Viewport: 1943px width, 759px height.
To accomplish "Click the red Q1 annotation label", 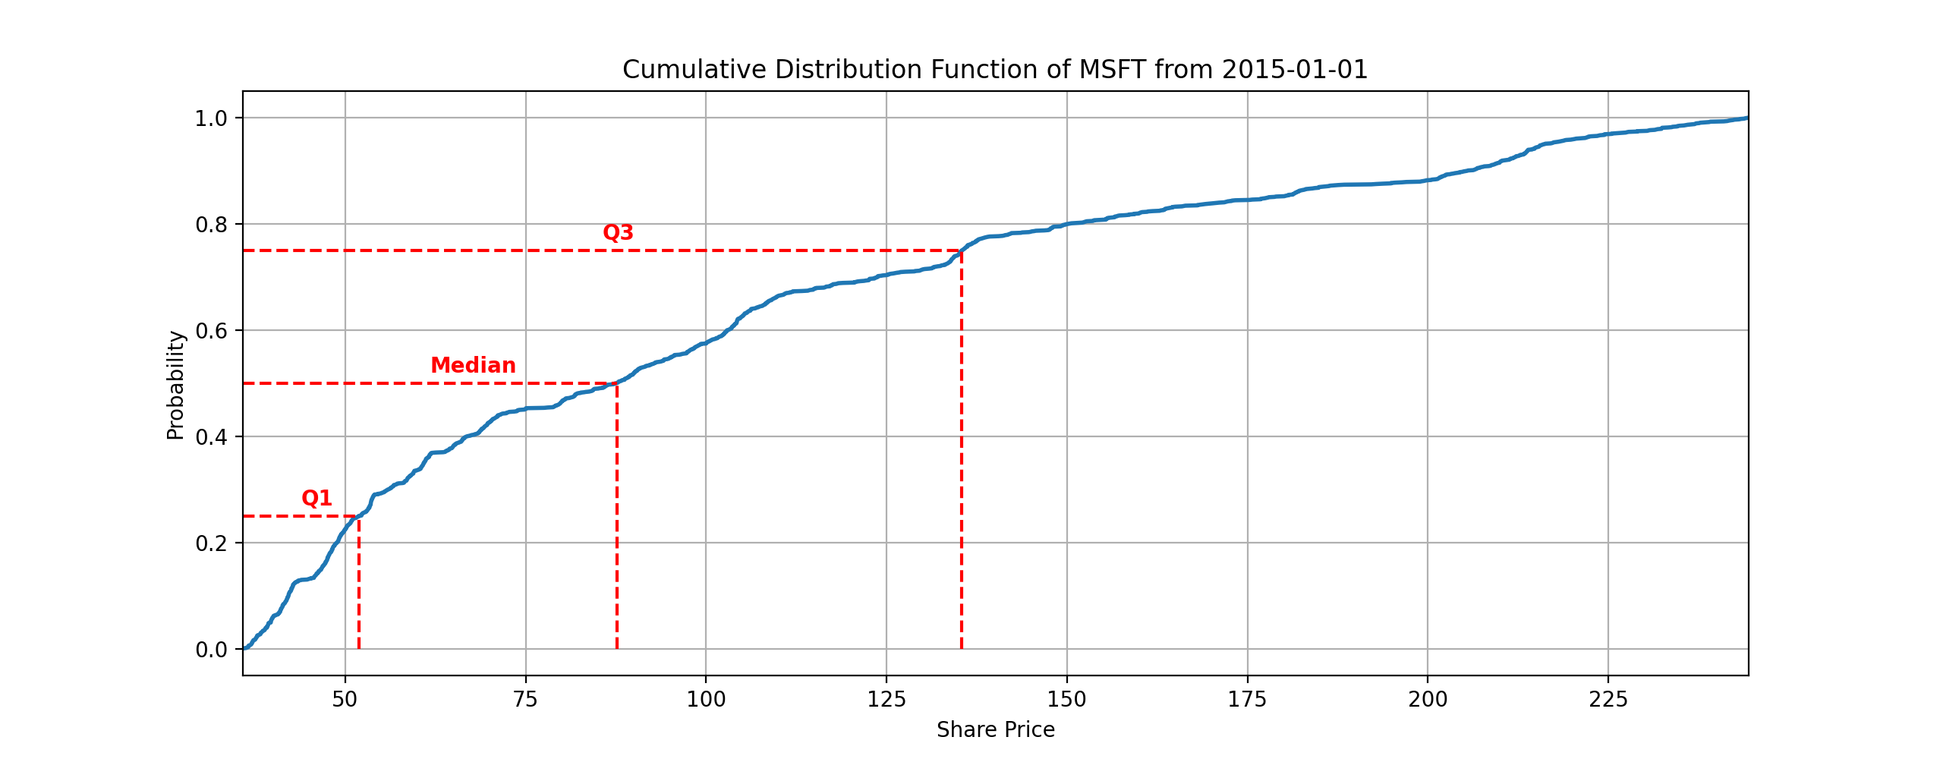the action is (x=316, y=498).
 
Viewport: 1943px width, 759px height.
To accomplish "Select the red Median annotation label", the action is (x=473, y=365).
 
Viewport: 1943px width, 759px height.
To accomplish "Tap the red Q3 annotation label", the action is (x=618, y=232).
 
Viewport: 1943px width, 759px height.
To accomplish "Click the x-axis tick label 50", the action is (x=345, y=699).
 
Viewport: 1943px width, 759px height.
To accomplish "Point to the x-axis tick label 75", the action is (x=525, y=699).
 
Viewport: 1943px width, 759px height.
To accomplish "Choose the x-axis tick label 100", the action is (x=706, y=699).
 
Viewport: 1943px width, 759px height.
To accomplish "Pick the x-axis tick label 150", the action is (x=1066, y=699).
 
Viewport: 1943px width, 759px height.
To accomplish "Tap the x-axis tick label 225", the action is (x=1608, y=699).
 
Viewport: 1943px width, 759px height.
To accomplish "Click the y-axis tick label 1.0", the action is (x=211, y=118).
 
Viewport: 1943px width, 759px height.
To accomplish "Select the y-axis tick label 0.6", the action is (x=211, y=331).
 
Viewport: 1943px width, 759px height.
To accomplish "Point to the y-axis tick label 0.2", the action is (x=211, y=543).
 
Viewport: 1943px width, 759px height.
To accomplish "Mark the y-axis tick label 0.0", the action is (x=211, y=650).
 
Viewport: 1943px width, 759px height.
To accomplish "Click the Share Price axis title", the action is (x=996, y=730).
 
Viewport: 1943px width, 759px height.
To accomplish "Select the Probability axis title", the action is (x=175, y=385).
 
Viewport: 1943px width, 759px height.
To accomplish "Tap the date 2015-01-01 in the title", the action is (x=1295, y=70).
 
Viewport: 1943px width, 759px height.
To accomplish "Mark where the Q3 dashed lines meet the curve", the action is (x=962, y=250).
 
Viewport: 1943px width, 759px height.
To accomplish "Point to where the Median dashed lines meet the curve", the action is (x=616, y=383).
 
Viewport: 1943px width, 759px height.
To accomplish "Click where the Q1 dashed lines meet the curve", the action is (x=358, y=516).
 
